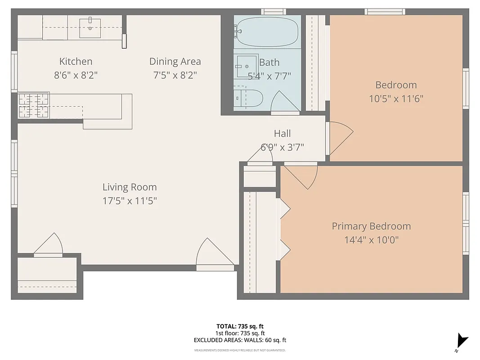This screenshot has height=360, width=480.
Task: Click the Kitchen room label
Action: coord(76,62)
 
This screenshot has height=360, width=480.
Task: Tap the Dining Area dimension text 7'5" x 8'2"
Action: coord(175,75)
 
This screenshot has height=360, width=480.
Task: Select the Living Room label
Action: coord(130,187)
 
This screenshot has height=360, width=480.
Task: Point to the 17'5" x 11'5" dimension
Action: coord(130,201)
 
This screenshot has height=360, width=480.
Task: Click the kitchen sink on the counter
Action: coord(90,27)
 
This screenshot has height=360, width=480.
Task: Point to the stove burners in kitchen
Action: coord(33,106)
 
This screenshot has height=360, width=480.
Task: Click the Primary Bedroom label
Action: coord(371,226)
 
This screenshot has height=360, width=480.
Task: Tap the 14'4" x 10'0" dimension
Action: coord(371,240)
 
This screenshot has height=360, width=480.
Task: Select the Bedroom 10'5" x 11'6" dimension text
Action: coord(396,99)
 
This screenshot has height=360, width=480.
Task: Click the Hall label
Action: coord(282,134)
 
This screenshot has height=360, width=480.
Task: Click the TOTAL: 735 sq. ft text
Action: coord(240,326)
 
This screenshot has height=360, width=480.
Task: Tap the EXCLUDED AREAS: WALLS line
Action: coord(240,341)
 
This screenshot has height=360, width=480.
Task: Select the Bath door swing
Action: coord(283,102)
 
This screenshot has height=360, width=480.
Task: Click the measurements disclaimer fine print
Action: coord(240,350)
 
